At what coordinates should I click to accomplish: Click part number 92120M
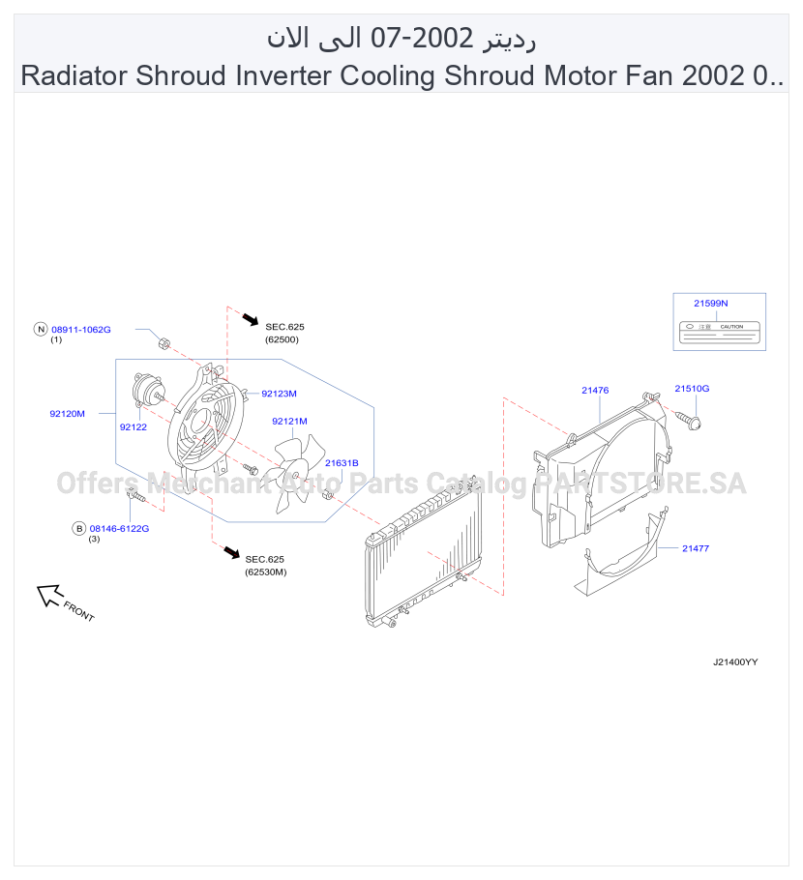[68, 414]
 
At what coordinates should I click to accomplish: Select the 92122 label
[134, 427]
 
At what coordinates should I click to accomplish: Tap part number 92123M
[279, 394]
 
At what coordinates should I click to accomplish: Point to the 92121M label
[289, 421]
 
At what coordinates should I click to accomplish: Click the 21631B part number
[342, 463]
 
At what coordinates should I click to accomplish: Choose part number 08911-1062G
[81, 330]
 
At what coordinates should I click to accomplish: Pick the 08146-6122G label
[120, 528]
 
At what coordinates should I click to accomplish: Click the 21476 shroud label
[595, 390]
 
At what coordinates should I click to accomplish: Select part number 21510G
[692, 389]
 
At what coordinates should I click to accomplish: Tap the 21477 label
[696, 548]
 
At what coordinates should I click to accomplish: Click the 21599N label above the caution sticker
[711, 303]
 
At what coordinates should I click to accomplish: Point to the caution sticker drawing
[720, 333]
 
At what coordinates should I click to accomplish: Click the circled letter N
[41, 330]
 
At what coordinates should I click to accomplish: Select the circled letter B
[79, 528]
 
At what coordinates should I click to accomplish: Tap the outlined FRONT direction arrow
[48, 595]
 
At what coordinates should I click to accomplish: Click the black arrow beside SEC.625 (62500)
[250, 319]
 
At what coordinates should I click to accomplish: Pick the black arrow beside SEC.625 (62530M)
[231, 551]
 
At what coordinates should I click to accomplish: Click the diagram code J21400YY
[735, 661]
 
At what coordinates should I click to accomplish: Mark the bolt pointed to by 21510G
[689, 421]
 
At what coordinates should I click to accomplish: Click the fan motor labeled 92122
[146, 389]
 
